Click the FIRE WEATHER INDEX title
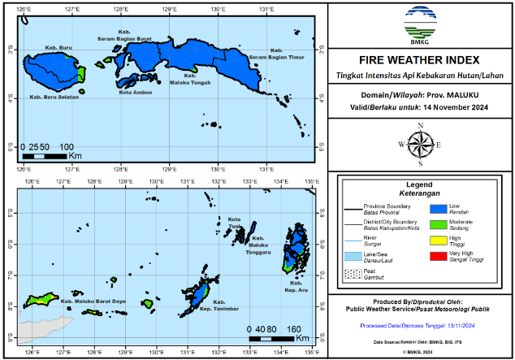point(418,60)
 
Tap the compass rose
point(419,143)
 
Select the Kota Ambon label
point(113,92)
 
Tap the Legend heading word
point(419,184)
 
